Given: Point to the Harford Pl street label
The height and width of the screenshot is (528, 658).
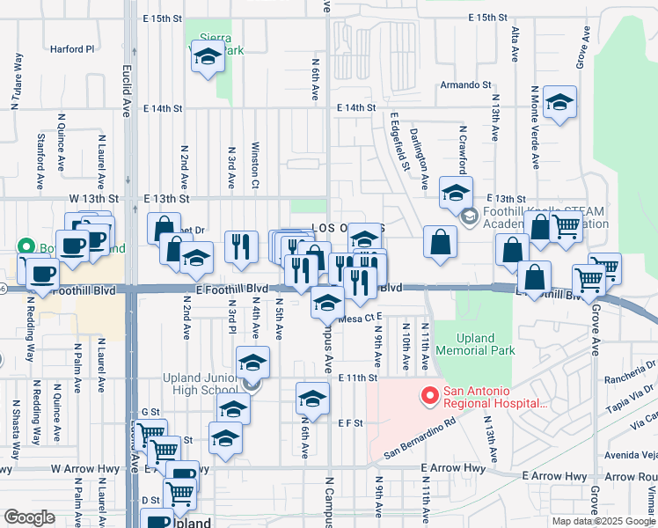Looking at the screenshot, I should pyautogui.click(x=71, y=49).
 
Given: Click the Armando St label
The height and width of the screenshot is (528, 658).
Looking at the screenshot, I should pyautogui.click(x=465, y=85).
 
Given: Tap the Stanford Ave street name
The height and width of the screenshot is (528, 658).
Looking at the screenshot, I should pyautogui.click(x=40, y=162).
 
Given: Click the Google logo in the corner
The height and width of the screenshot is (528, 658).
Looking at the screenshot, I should pyautogui.click(x=29, y=517).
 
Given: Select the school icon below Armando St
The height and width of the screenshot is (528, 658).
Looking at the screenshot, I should pyautogui.click(x=559, y=103).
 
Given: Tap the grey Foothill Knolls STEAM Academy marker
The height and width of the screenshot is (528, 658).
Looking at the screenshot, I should pyautogui.click(x=470, y=216).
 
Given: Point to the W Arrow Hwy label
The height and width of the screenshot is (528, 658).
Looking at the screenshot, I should pyautogui.click(x=84, y=469).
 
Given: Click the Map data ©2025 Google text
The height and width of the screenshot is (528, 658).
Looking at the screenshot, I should pyautogui.click(x=603, y=521).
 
